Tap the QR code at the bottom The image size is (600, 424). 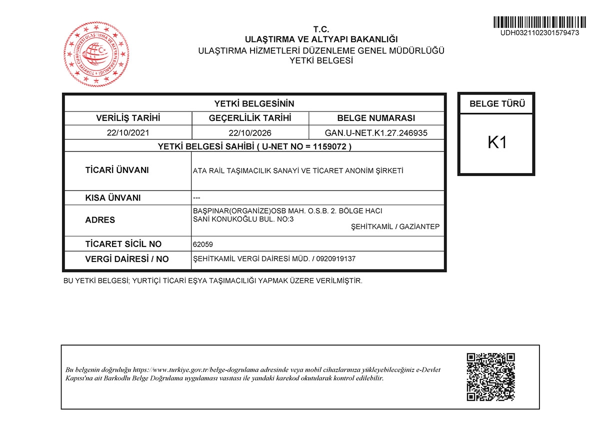click(490, 377)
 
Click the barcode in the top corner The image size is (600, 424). click(539, 22)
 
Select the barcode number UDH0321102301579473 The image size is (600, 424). click(539, 32)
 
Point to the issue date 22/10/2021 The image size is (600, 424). click(128, 133)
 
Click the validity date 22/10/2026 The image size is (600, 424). click(250, 133)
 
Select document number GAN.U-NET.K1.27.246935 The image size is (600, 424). click(376, 133)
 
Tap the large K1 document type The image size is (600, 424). click(497, 142)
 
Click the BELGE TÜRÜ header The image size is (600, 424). click(497, 104)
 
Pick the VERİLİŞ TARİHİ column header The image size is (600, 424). click(128, 118)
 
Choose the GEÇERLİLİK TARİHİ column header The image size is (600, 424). click(250, 118)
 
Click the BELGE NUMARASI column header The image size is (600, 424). click(376, 118)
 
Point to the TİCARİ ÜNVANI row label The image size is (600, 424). click(117, 170)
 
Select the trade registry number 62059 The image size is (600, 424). click(202, 244)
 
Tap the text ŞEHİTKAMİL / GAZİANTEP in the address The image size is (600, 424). click(395, 227)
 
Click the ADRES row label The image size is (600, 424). click(100, 220)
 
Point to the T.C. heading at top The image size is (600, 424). click(321, 29)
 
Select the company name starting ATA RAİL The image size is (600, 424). click(298, 170)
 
